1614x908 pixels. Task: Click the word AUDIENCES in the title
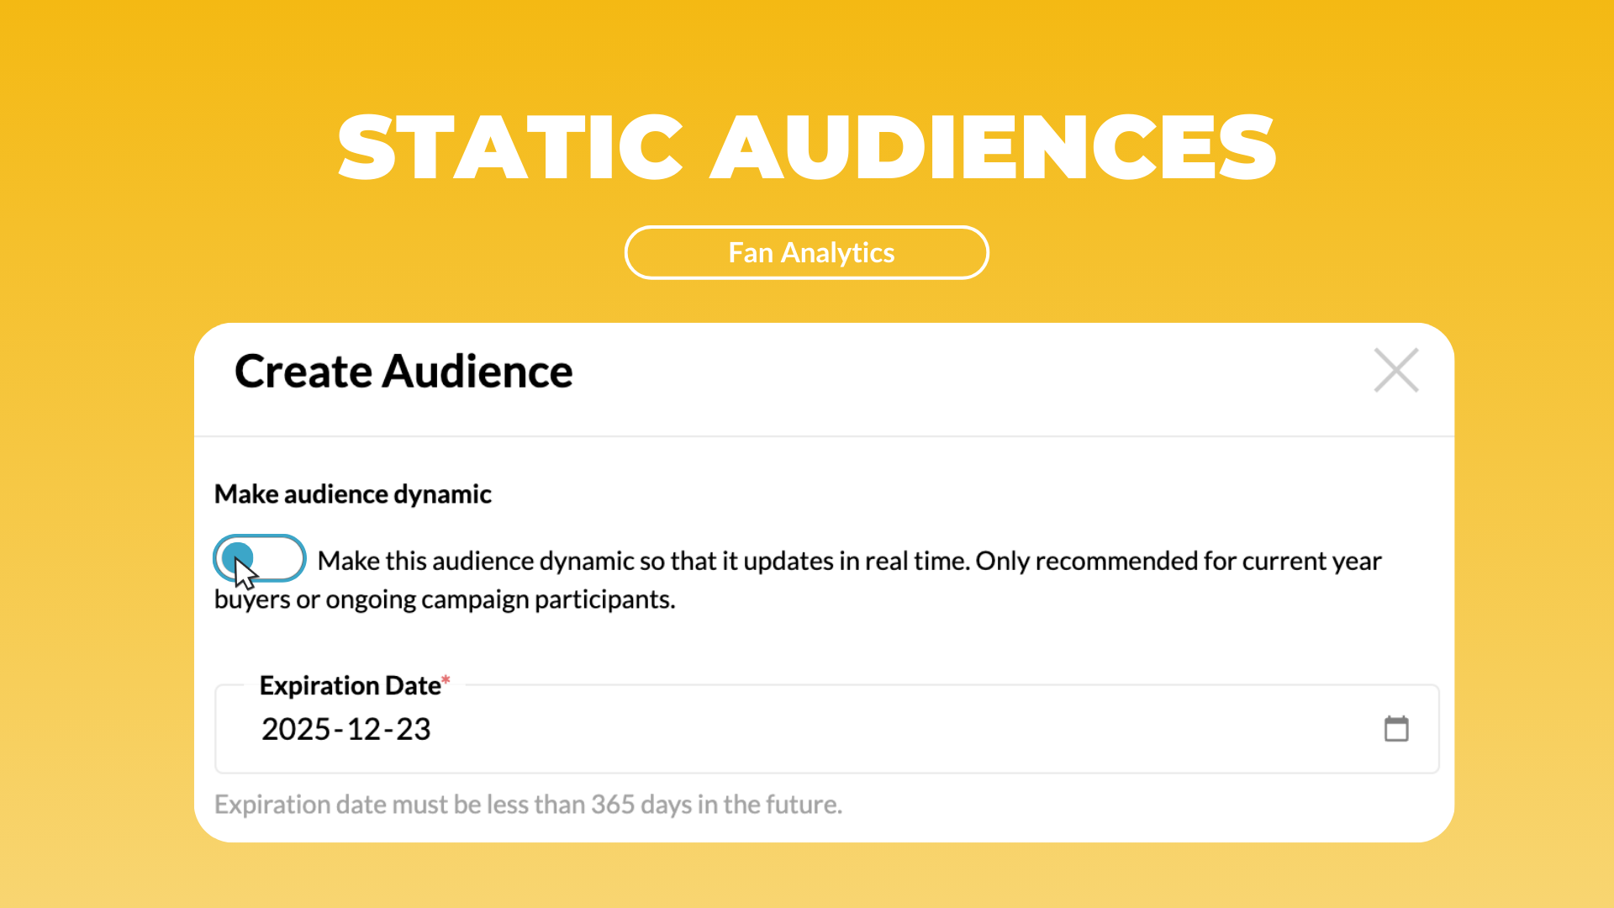coord(994,148)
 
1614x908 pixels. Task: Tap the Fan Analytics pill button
coord(807,252)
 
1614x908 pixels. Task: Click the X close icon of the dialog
coord(1396,370)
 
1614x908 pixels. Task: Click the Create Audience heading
coord(403,371)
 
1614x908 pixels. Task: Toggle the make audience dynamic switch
coord(259,558)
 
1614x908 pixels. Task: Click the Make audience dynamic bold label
coord(353,494)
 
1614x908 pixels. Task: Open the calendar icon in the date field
coord(1396,728)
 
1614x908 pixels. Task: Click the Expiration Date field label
coord(351,685)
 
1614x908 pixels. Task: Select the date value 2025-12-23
coord(345,729)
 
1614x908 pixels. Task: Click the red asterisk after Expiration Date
coord(446,679)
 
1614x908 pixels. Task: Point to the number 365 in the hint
coord(613,805)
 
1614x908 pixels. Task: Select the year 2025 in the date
coord(296,729)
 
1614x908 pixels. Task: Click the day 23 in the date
coord(414,729)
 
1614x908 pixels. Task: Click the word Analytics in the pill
coord(838,253)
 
